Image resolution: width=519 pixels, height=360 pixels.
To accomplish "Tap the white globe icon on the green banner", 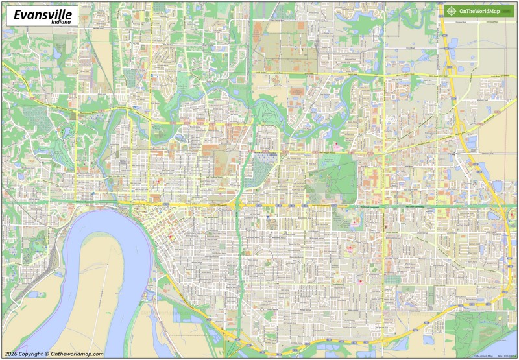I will tap(451, 10).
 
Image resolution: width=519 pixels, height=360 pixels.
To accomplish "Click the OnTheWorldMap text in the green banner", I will tap(479, 10).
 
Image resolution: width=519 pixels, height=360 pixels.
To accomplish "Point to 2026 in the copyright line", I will tap(11, 354).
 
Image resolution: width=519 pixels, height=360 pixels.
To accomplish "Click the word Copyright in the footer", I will tap(32, 354).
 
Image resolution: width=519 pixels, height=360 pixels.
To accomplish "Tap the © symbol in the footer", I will tap(47, 354).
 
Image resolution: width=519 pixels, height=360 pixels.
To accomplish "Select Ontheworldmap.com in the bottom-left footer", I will tap(77, 354).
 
